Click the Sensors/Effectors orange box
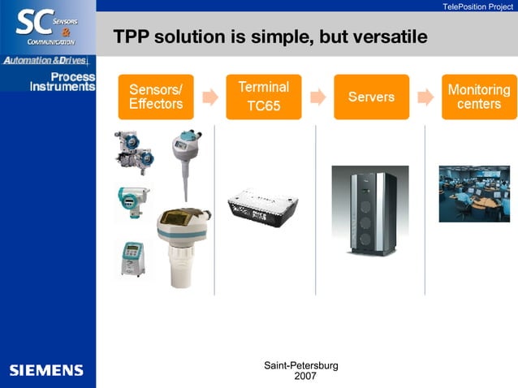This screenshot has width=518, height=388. (x=156, y=97)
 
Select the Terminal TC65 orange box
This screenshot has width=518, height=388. (x=263, y=97)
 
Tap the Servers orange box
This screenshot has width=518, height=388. (x=371, y=97)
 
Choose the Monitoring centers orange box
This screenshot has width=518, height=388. (x=479, y=97)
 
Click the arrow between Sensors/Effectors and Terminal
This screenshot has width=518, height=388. (x=210, y=97)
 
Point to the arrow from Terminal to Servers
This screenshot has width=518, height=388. (x=318, y=97)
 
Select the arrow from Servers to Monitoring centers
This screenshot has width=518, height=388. (x=425, y=97)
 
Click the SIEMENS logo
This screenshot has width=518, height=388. (x=46, y=370)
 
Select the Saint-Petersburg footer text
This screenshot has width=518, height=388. (x=301, y=365)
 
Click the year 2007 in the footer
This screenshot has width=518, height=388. (x=305, y=376)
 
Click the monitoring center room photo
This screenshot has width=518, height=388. (x=474, y=193)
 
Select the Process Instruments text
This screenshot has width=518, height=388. (x=63, y=82)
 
